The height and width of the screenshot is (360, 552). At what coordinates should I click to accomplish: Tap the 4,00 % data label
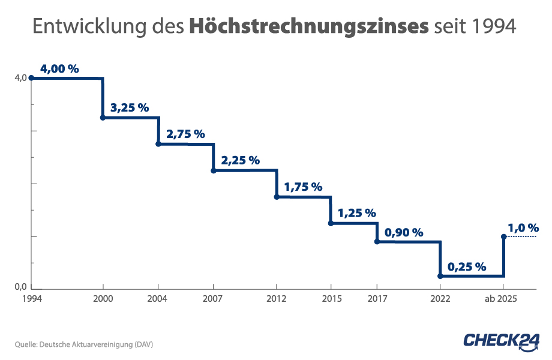[59, 69]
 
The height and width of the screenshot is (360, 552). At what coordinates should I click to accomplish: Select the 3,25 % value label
[129, 108]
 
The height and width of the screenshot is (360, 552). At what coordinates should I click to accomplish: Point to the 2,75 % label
[185, 134]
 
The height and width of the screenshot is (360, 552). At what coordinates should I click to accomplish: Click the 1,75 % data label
[303, 187]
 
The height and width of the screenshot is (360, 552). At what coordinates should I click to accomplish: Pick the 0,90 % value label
[403, 232]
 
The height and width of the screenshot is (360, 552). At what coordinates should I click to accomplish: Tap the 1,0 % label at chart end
[523, 228]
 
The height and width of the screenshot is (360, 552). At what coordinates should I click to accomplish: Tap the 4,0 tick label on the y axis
[21, 78]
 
